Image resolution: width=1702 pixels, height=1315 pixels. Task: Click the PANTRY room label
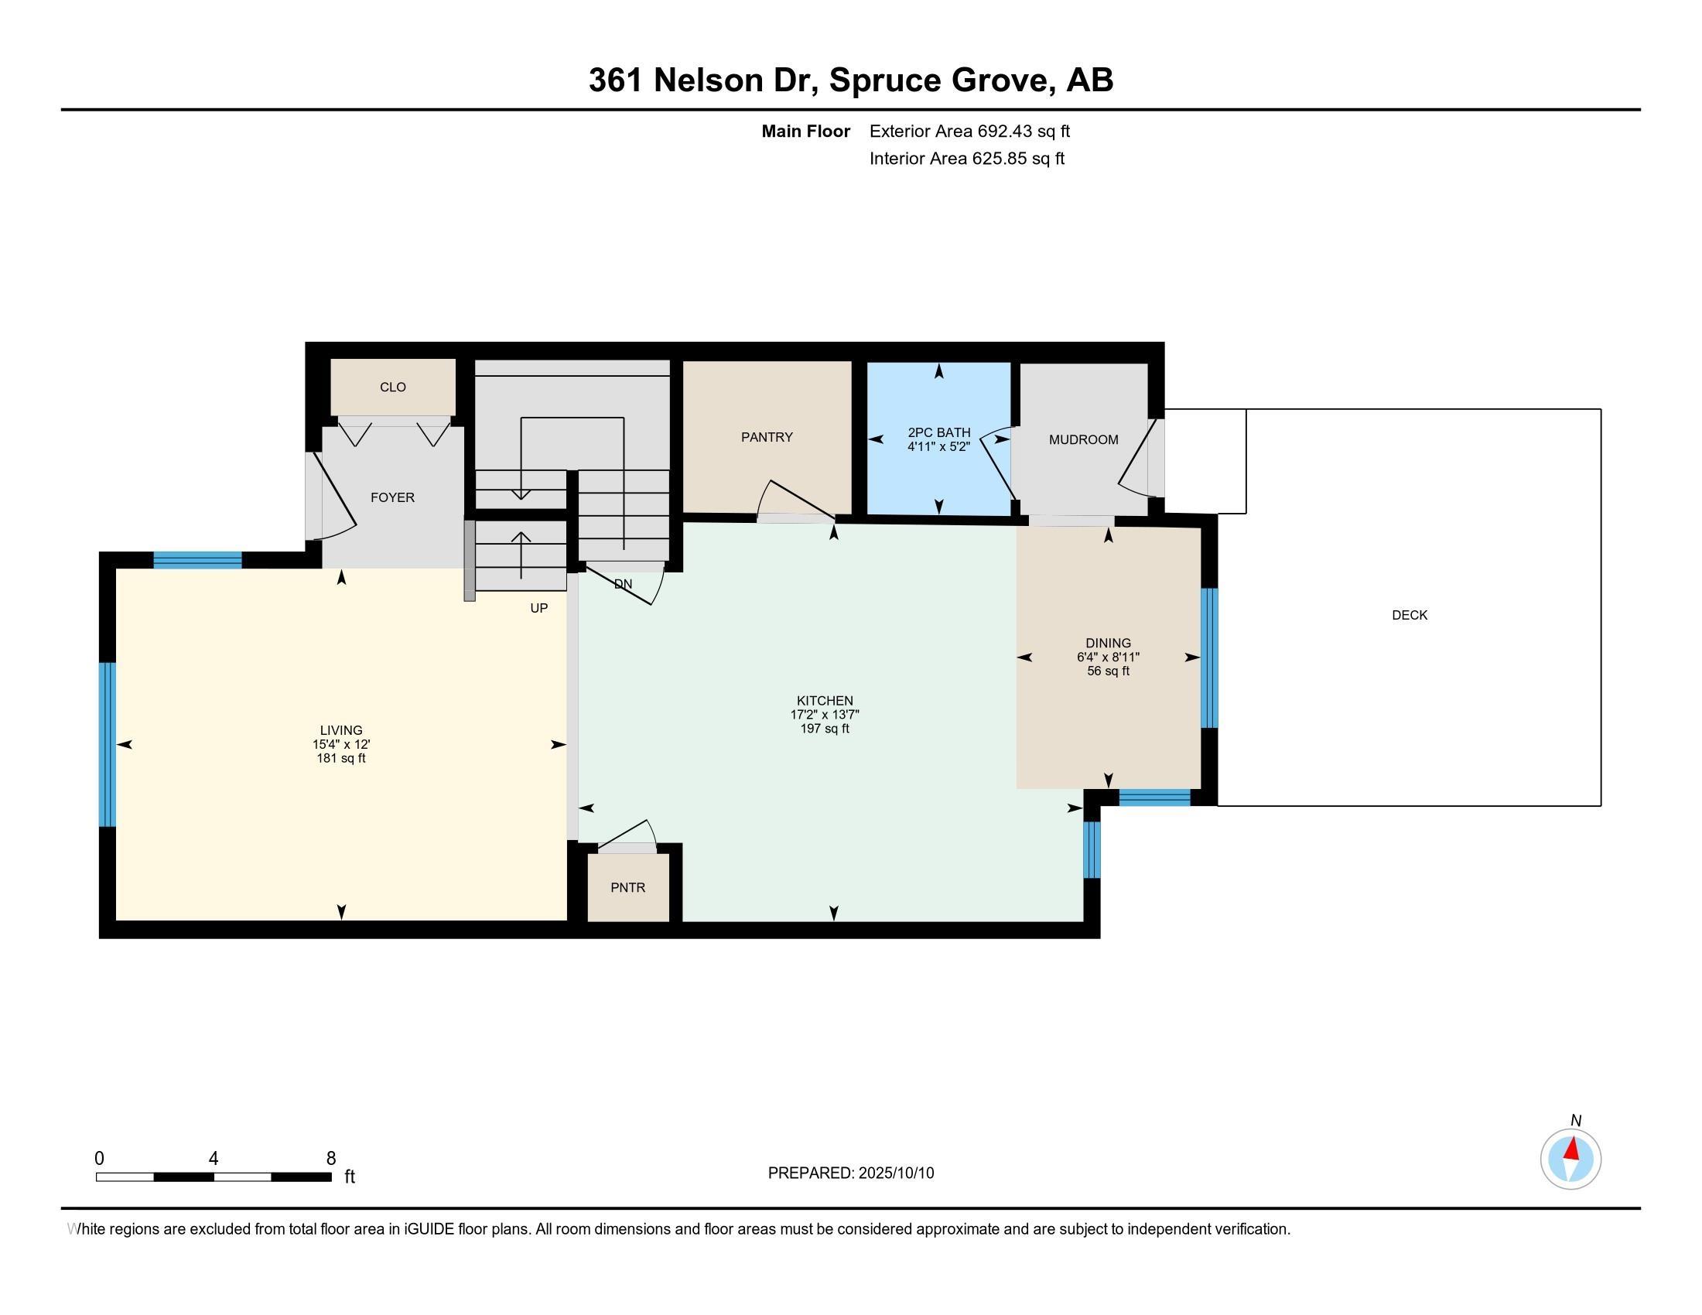tap(767, 437)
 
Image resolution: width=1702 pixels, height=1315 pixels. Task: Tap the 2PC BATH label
tap(939, 432)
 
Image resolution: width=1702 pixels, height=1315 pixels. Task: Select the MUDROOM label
tap(1083, 439)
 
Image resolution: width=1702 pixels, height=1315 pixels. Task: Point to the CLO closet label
tap(393, 388)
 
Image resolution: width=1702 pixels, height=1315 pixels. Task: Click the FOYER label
tap(392, 497)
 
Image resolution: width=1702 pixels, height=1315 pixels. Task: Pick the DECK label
tap(1410, 615)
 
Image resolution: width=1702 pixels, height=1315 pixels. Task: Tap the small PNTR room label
tap(628, 887)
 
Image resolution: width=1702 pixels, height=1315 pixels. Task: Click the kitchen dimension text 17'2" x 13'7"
tap(825, 715)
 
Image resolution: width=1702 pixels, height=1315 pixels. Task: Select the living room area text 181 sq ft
tap(341, 758)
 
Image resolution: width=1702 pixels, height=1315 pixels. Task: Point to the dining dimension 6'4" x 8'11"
tap(1108, 657)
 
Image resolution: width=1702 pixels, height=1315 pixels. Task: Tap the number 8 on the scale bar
tap(330, 1159)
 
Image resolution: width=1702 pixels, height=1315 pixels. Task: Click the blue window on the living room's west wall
tap(108, 744)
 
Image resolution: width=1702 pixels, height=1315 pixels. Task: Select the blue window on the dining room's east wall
tap(1208, 658)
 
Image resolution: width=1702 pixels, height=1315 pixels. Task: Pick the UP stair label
tap(538, 608)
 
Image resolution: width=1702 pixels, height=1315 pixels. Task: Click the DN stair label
tap(623, 583)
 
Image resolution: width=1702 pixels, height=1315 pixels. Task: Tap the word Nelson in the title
tap(708, 80)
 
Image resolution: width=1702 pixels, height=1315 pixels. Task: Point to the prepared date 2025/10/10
tap(895, 1173)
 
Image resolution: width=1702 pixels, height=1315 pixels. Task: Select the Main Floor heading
tap(806, 131)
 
